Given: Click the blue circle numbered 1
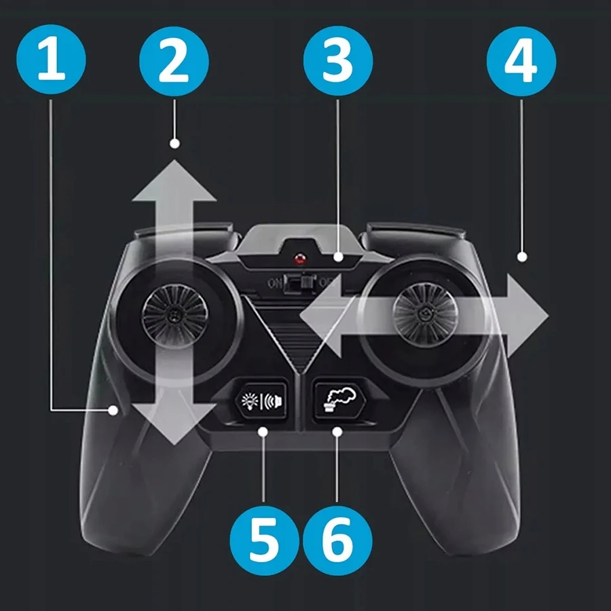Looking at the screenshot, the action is coord(51,59).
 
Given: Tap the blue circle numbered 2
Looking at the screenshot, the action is coord(174,61).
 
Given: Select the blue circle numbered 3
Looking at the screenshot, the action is coord(338,60).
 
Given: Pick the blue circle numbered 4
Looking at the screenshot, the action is coord(521,61).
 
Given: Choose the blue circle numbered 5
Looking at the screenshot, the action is coord(264,540).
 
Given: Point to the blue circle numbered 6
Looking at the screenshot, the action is coord(337,540).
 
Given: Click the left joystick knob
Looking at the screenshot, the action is coord(175,316).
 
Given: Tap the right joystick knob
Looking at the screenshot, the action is coord(425,314).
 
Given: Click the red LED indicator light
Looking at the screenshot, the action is coord(299,259).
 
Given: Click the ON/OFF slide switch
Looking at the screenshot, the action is coord(300,283).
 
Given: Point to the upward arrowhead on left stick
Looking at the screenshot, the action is coord(174,181).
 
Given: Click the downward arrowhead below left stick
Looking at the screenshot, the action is coord(174,424).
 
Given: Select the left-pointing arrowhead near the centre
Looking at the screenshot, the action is coord(320,316).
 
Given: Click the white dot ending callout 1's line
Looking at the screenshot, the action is coord(113,410).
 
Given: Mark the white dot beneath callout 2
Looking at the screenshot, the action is coord(174,143).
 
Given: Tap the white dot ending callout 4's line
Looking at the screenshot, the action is coord(522,257).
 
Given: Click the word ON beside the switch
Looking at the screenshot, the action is coord(274,283).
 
